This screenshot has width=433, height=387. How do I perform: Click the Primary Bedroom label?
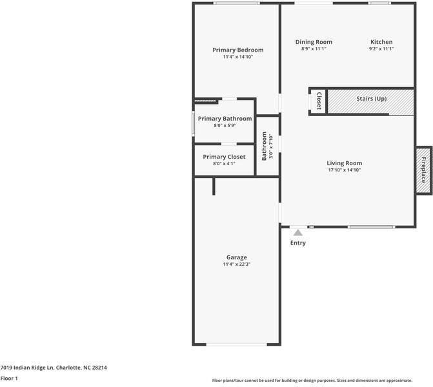click(x=238, y=50)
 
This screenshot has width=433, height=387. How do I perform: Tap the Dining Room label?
click(x=314, y=42)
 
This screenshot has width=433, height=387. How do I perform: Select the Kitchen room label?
click(x=381, y=42)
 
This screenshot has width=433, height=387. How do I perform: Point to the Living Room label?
click(x=344, y=163)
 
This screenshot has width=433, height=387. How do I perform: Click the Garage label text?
click(x=236, y=257)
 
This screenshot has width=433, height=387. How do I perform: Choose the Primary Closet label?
click(x=224, y=157)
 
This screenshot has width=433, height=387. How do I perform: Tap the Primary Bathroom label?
click(x=225, y=119)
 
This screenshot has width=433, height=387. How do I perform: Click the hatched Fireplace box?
click(x=424, y=169)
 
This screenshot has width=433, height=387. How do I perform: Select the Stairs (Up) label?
click(x=372, y=99)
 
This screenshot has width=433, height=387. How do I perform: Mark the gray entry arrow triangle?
click(x=298, y=232)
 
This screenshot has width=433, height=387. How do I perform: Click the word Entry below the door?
click(x=298, y=243)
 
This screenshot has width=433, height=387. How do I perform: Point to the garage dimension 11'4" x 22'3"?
click(x=236, y=264)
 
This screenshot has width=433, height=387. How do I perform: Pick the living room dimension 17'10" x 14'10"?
click(x=344, y=170)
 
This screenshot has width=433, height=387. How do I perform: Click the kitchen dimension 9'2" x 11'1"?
click(x=381, y=49)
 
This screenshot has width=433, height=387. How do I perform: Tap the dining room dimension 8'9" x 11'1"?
click(x=314, y=49)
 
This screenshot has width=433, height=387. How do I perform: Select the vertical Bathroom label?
click(x=264, y=146)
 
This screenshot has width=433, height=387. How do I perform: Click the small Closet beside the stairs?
click(x=319, y=101)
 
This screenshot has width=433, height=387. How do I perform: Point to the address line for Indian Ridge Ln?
click(x=54, y=368)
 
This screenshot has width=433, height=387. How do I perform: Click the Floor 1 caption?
click(x=9, y=379)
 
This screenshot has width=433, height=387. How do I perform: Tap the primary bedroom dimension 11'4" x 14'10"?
click(x=238, y=57)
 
